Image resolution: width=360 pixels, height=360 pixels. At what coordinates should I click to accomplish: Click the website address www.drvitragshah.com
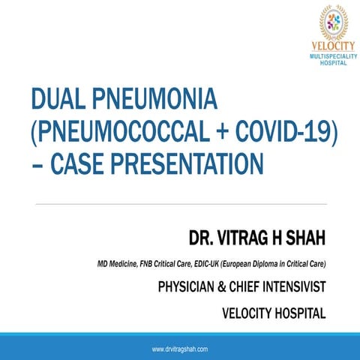(180, 349)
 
